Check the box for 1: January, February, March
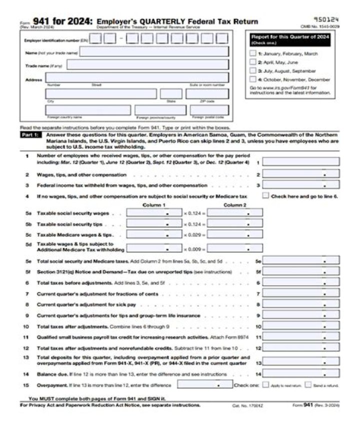point(252,53)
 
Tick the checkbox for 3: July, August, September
point(252,70)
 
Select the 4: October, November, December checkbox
point(252,79)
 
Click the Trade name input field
point(147,64)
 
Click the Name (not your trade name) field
point(154,51)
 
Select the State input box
point(171,94)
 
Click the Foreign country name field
point(88,110)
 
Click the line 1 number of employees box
point(301,162)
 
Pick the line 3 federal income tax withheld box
point(301,185)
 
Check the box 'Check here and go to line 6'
point(265,196)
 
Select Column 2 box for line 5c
point(234,234)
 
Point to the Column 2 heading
point(234,205)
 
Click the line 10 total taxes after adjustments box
point(301,327)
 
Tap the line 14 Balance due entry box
point(301,374)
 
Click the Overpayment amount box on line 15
point(205,385)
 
